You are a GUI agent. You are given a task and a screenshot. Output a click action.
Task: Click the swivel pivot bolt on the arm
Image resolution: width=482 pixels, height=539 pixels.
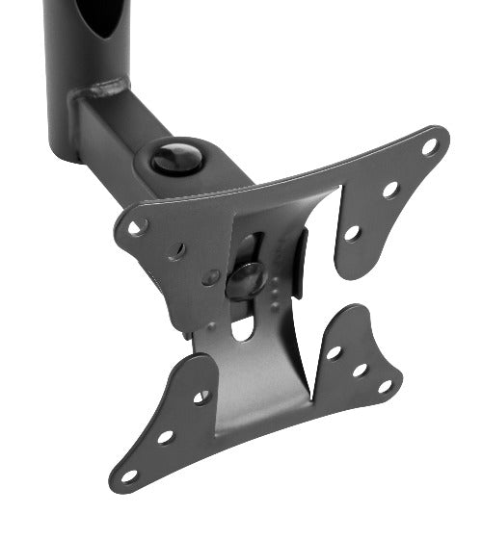pos(175,157)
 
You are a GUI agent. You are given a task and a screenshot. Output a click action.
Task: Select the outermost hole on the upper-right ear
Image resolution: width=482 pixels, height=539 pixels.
pos(429,147)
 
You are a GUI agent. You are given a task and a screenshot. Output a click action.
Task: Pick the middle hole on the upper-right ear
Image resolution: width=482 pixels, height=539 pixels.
pos(390,190)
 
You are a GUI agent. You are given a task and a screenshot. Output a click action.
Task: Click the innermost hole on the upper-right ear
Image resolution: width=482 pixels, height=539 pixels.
pos(353,233)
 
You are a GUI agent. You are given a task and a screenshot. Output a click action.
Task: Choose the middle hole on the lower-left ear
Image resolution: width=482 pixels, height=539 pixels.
pos(165,436)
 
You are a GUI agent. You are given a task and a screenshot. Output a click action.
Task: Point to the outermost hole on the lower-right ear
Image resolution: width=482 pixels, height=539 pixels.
pos(385,386)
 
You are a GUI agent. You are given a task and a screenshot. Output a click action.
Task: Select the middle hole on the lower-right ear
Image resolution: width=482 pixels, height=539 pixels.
pos(360,370)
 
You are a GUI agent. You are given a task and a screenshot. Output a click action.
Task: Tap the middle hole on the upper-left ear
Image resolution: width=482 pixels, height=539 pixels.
pos(176,252)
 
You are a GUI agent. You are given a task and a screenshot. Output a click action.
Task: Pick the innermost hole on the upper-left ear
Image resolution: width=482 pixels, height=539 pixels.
pos(210,276)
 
